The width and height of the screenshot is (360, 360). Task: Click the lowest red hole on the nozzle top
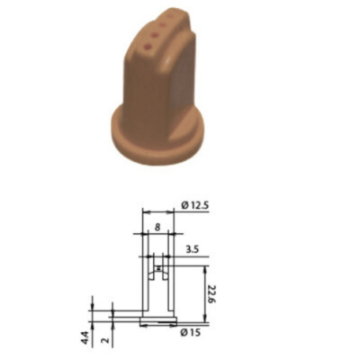(148, 47)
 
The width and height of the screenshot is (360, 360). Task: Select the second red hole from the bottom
(155, 36)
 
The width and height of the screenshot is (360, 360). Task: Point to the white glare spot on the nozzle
(167, 62)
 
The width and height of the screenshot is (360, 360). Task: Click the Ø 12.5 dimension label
(195, 205)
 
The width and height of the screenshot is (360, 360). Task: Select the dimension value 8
(157, 227)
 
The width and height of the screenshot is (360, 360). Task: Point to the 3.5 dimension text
(193, 249)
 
